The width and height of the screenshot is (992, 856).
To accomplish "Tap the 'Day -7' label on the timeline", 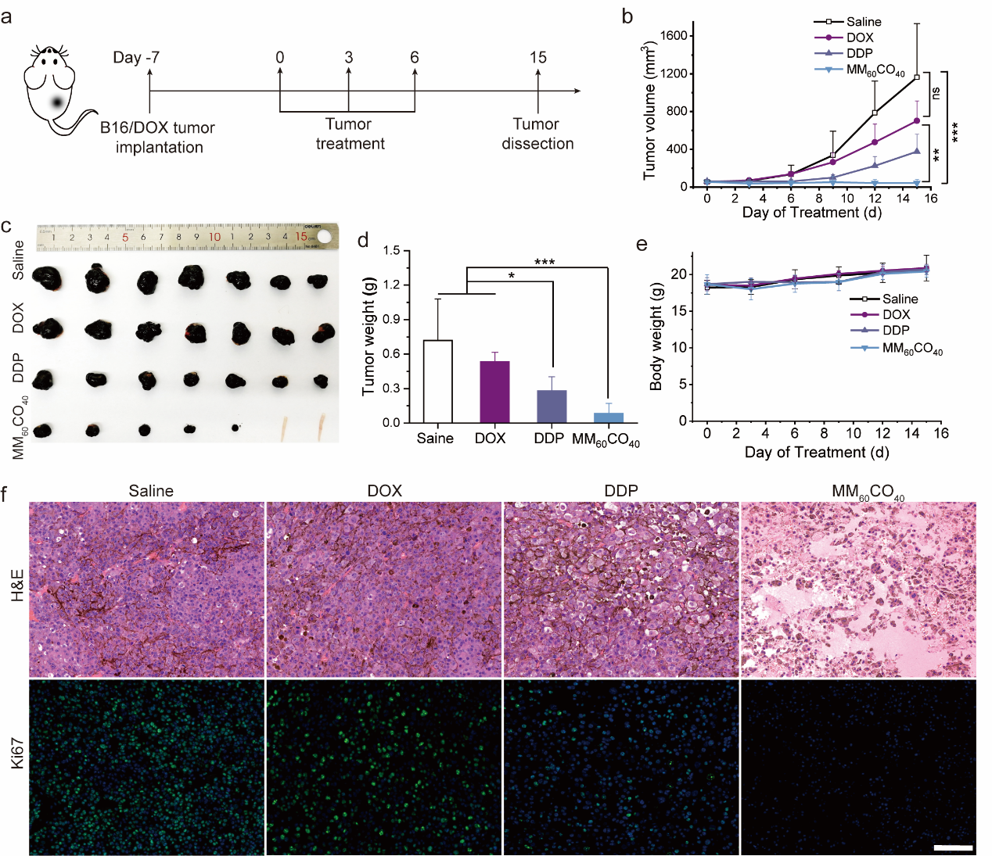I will [x=136, y=58].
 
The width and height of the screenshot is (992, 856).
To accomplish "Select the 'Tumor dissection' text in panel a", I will [x=537, y=134].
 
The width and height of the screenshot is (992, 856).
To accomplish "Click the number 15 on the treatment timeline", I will [x=537, y=58].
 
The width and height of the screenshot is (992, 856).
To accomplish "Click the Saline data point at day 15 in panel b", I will [x=917, y=77].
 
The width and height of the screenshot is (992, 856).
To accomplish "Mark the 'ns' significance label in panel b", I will [x=936, y=92].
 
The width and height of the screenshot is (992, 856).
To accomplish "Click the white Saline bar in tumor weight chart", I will [x=437, y=381].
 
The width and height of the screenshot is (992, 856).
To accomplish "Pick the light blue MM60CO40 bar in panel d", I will [x=609, y=417].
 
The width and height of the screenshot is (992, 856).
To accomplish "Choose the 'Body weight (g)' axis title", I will [x=656, y=337].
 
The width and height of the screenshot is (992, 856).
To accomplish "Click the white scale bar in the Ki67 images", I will [x=953, y=847].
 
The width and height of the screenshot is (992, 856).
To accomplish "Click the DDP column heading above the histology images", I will [x=621, y=491].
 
